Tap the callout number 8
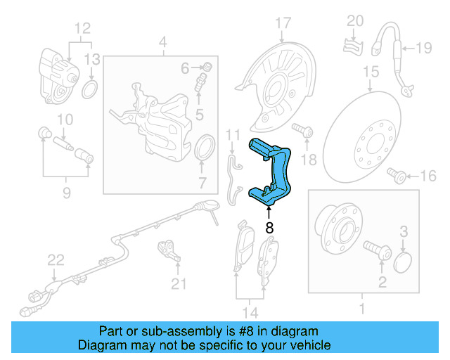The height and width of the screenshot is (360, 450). (269, 228)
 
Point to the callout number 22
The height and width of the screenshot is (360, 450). (56, 261)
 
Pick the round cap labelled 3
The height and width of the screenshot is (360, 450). (402, 263)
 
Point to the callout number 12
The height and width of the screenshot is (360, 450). (83, 28)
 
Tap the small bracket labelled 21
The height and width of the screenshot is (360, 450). (169, 249)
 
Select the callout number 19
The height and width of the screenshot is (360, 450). (423, 48)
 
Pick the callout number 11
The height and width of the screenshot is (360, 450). (233, 134)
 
